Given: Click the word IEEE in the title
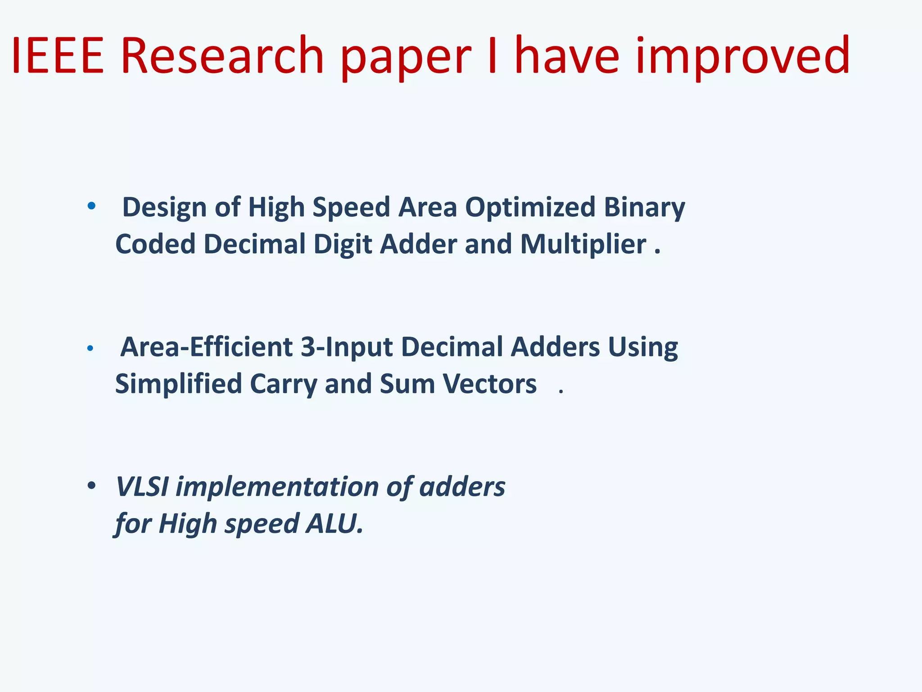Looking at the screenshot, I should (58, 56).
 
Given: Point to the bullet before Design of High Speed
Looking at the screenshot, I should (91, 206).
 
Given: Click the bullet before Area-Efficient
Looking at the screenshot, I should (90, 348).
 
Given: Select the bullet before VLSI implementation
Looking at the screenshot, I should (91, 486).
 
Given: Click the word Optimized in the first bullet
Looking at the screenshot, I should (530, 208).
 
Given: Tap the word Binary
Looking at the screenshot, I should (644, 208).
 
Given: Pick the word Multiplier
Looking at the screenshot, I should (583, 244).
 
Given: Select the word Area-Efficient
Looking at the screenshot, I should (207, 347).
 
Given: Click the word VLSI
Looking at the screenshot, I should (142, 487).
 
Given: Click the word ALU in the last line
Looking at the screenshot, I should (334, 524).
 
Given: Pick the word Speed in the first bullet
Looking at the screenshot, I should (351, 208).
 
